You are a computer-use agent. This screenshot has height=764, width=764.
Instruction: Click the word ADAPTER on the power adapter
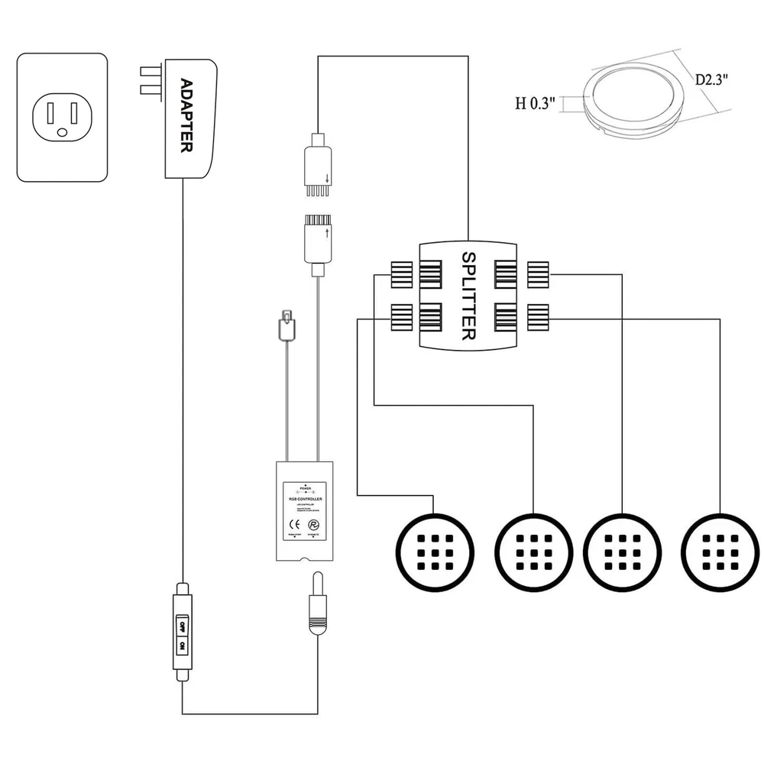[185, 115]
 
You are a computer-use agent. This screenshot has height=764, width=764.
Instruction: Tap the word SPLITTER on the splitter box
[469, 296]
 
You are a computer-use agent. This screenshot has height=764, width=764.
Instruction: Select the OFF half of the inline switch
[182, 626]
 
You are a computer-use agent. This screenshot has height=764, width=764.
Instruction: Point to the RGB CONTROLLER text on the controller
[306, 498]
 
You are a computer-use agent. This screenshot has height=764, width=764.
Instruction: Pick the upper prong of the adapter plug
[148, 73]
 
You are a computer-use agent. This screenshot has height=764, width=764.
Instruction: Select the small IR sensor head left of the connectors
[286, 325]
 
